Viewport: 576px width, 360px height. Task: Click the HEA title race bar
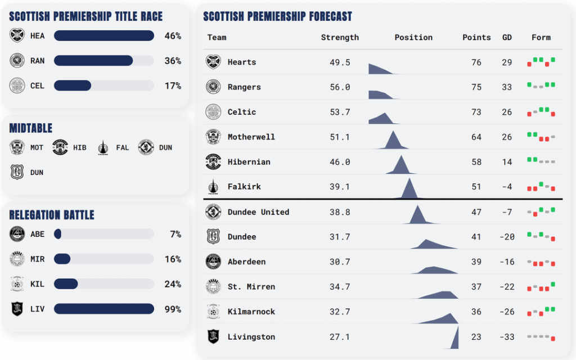coord(103,36)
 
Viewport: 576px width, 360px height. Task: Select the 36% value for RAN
coord(173,61)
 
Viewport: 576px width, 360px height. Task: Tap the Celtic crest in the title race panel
coord(17,85)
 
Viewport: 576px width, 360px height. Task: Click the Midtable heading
coord(31,129)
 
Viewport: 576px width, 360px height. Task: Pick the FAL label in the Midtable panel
coord(122,147)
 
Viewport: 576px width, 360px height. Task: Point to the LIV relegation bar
coord(103,309)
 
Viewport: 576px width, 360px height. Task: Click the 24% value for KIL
coord(173,284)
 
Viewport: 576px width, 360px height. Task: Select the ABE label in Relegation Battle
coord(37,234)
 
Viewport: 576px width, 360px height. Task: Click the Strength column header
coord(340,37)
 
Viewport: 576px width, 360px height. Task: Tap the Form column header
coord(541,37)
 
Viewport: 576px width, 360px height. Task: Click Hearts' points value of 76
coord(476,62)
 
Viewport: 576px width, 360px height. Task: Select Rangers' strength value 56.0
coord(340,87)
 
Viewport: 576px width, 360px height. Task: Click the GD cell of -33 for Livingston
coord(507,337)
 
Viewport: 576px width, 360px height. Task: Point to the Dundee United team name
coord(258,212)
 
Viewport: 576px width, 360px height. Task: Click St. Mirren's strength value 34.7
coord(340,287)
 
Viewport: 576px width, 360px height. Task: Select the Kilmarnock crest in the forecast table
coord(213,312)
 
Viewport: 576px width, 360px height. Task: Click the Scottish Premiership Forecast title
coord(277,17)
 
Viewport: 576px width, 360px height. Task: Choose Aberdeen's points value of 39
coord(476,262)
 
